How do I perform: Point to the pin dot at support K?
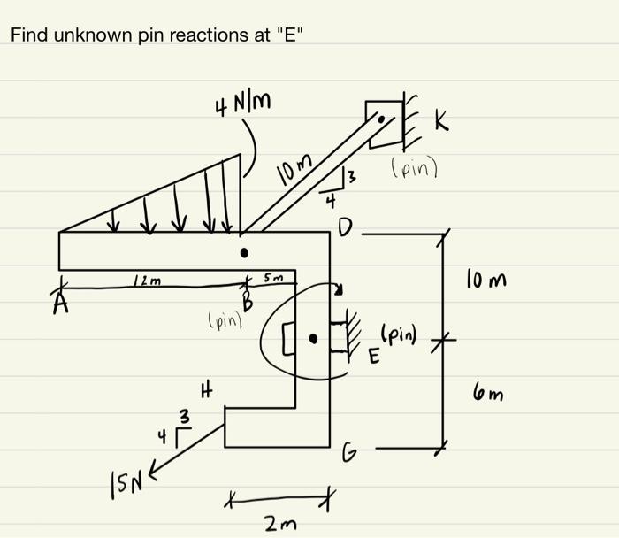tap(381, 118)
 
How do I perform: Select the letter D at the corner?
tap(345, 232)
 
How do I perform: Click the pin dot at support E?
tap(313, 338)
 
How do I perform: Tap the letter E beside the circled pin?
tap(373, 357)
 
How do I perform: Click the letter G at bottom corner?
tap(348, 456)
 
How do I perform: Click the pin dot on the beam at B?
tap(245, 253)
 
